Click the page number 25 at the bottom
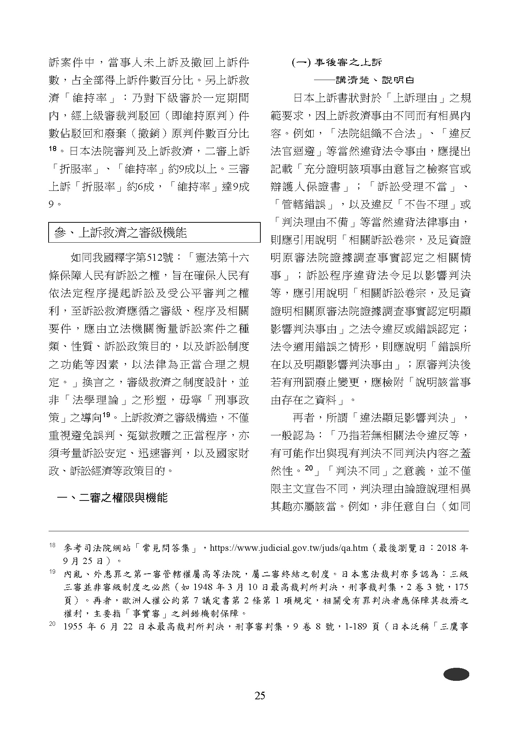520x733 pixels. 260,695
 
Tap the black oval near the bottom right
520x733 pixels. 456,674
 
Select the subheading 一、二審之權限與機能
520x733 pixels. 113,498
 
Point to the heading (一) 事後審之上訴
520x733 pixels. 337,63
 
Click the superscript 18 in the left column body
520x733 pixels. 53,148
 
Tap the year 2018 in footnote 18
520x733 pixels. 447,548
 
